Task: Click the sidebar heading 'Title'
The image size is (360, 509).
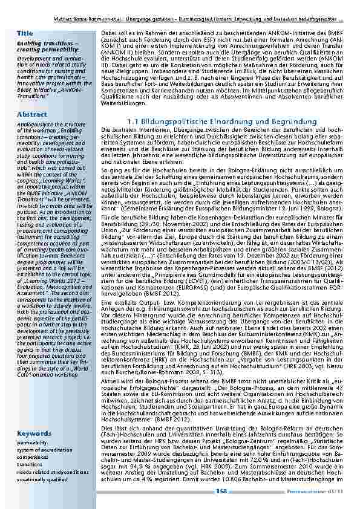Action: tap(25, 32)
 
